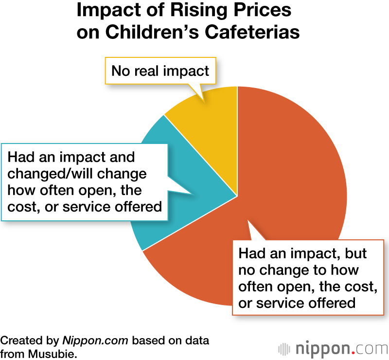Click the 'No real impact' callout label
[160, 71]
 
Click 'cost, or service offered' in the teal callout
[85, 206]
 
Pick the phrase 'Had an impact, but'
[302, 254]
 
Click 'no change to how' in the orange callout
[298, 270]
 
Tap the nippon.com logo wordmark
[340, 348]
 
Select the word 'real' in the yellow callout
[148, 71]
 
